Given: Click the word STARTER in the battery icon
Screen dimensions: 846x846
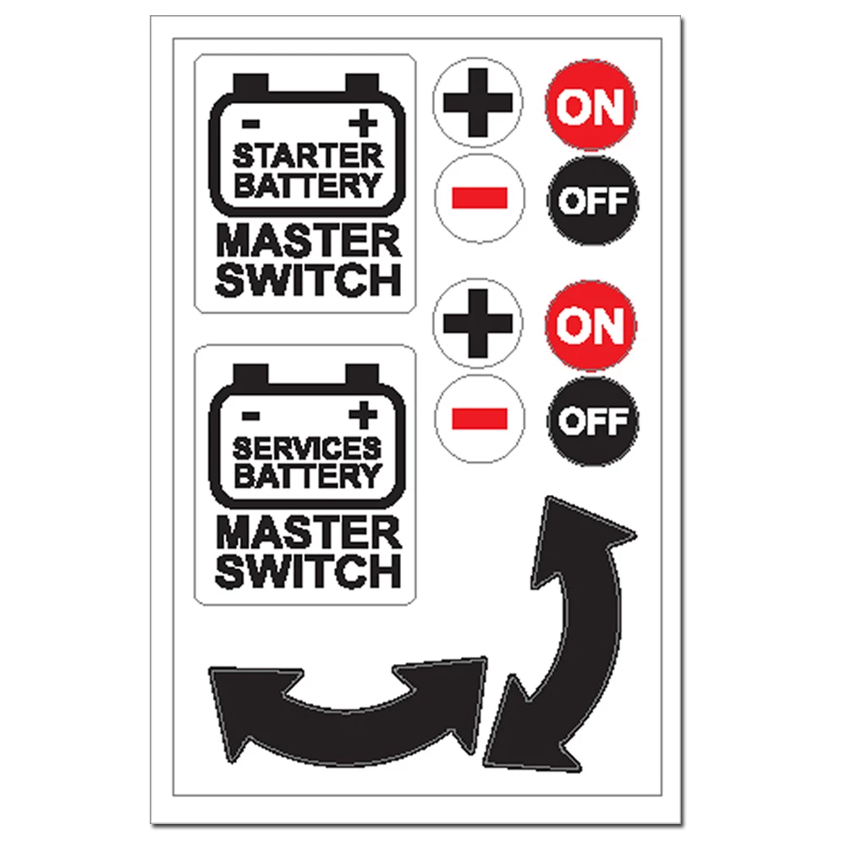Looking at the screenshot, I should pyautogui.click(x=307, y=156).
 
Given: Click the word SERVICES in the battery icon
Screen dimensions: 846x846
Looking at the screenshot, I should pyautogui.click(x=307, y=447).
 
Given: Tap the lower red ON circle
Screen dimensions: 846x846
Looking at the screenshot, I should pyautogui.click(x=591, y=326).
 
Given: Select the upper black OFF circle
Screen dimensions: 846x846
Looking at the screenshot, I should pyautogui.click(x=593, y=201).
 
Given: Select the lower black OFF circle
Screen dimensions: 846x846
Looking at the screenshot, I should pyautogui.click(x=593, y=420).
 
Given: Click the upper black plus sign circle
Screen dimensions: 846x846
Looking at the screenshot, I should pyautogui.click(x=478, y=103).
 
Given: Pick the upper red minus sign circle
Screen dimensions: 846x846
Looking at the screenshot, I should pyautogui.click(x=479, y=199).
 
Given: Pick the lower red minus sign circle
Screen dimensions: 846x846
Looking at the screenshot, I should pyautogui.click(x=479, y=419).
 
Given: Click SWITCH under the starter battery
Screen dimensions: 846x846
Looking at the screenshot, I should pyautogui.click(x=308, y=280).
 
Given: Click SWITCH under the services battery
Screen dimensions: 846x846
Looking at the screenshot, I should pyautogui.click(x=308, y=571).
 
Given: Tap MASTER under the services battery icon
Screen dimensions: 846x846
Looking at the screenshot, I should pyautogui.click(x=308, y=534).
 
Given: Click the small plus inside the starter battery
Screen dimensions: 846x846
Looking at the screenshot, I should pyautogui.click(x=365, y=124).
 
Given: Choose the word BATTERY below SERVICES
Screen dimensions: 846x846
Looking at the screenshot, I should pyautogui.click(x=307, y=475).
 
